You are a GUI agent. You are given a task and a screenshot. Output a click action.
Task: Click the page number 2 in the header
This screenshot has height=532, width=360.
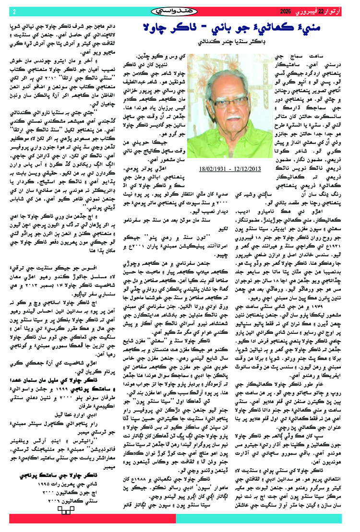14,12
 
